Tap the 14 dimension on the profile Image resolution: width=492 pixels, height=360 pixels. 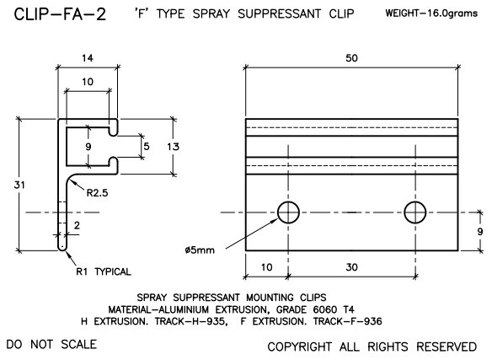tap(87, 58)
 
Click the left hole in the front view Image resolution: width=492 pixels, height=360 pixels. tap(288, 212)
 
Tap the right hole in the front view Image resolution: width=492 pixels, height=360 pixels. tap(414, 212)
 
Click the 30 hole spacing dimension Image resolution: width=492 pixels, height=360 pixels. tap(352, 267)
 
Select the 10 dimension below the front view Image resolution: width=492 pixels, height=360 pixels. tap(266, 267)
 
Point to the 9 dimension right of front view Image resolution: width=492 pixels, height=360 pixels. tap(479, 230)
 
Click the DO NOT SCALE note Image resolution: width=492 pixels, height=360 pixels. tap(51, 344)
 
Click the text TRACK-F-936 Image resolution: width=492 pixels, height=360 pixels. tap(360, 320)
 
